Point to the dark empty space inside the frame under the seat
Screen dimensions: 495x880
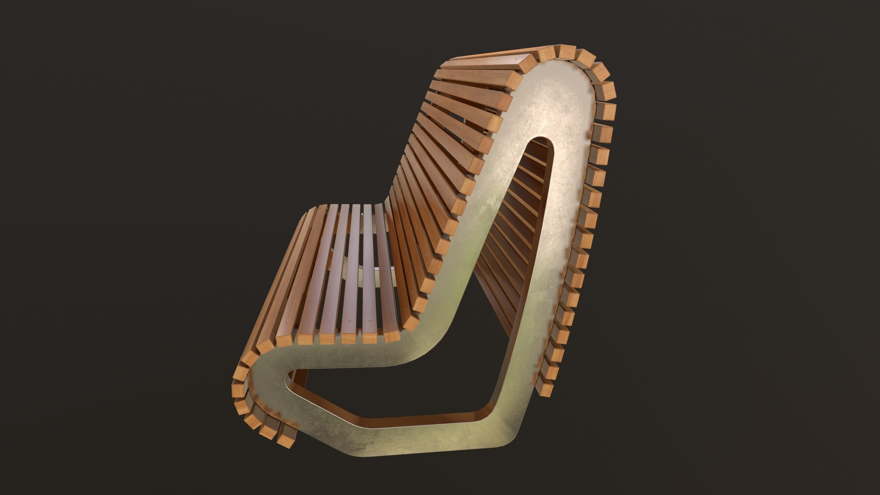[x=412, y=390]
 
